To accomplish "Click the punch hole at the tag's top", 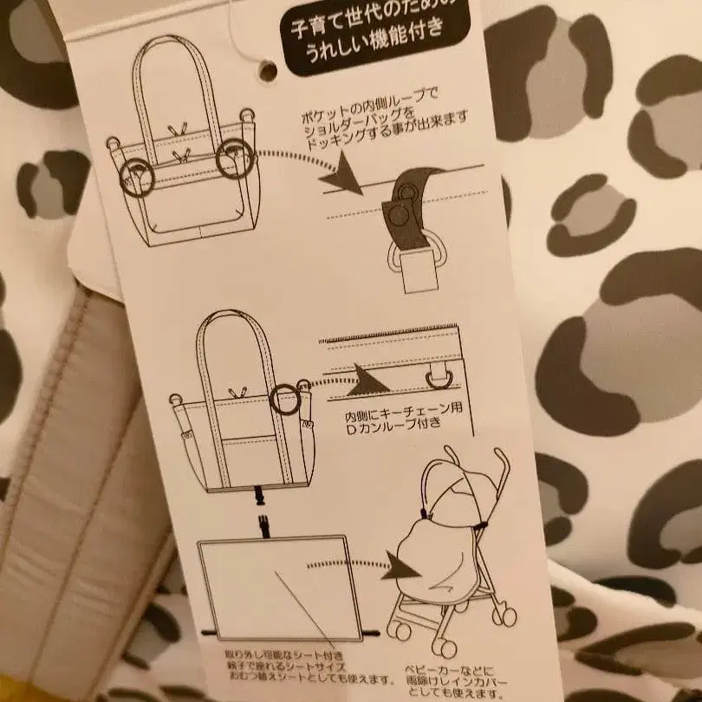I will click(268, 70).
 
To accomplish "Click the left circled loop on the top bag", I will click(136, 177).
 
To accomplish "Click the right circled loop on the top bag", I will click(234, 159).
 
